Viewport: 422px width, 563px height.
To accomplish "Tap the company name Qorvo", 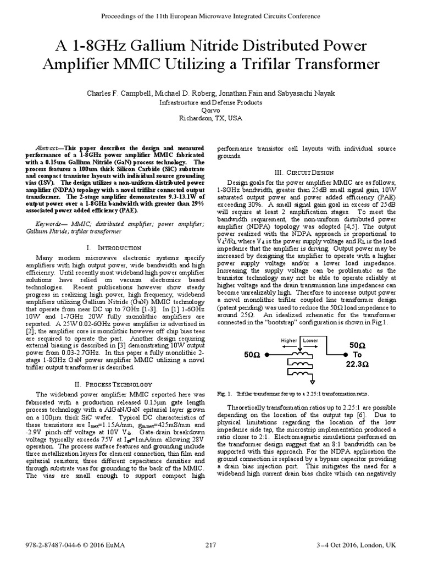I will coord(211,109).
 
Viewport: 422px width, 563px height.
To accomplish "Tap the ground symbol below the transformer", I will coord(313,380).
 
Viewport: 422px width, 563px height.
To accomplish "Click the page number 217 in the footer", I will coord(211,545).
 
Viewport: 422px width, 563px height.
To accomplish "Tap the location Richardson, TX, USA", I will coord(211,118).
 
